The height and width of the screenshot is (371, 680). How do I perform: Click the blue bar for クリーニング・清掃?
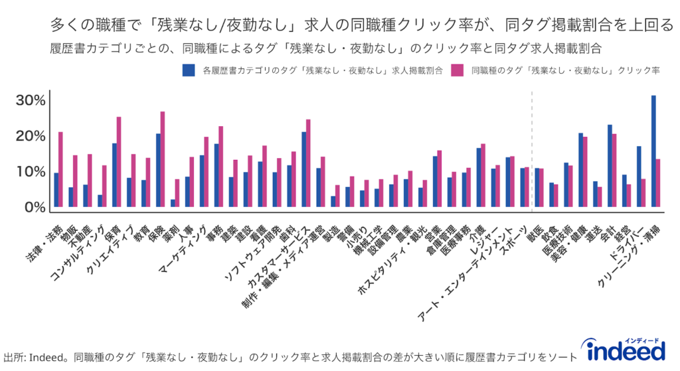(653, 152)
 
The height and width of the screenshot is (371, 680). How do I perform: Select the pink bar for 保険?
(162, 160)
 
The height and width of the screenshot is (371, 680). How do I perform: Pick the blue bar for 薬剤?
(173, 204)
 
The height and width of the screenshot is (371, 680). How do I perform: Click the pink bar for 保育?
(119, 163)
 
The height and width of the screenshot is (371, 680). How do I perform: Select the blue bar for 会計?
(610, 167)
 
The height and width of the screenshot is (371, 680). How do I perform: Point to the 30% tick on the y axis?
(31, 101)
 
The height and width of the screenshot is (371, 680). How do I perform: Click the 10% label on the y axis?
(31, 172)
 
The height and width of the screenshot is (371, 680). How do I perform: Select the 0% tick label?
(35, 208)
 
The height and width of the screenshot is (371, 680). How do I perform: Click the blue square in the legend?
(187, 69)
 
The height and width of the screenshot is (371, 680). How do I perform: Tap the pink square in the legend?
(456, 69)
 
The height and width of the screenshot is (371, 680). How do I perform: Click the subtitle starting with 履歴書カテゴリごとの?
(325, 48)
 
